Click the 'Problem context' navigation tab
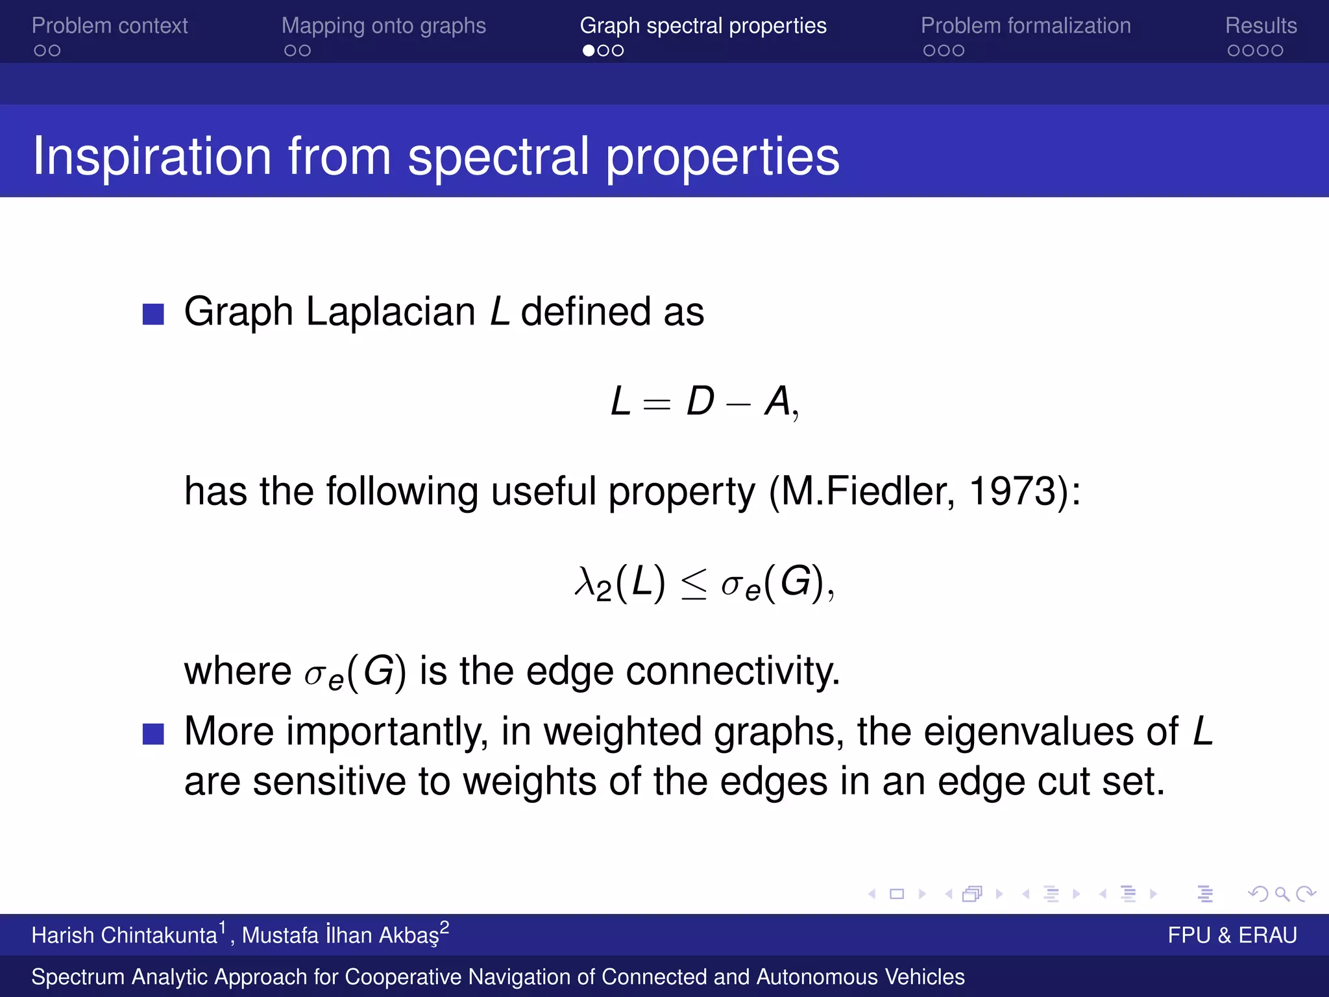(110, 26)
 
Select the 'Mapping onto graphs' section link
(384, 26)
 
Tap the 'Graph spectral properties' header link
(703, 26)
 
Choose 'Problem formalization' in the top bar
(1025, 26)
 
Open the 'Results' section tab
(1260, 26)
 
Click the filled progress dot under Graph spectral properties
(589, 51)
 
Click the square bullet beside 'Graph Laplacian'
(153, 314)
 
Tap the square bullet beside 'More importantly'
(153, 734)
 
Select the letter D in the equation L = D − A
(700, 401)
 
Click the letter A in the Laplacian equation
(777, 401)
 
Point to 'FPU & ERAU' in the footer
(1232, 935)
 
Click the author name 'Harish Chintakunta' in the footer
(124, 935)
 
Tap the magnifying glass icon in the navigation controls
(1282, 894)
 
